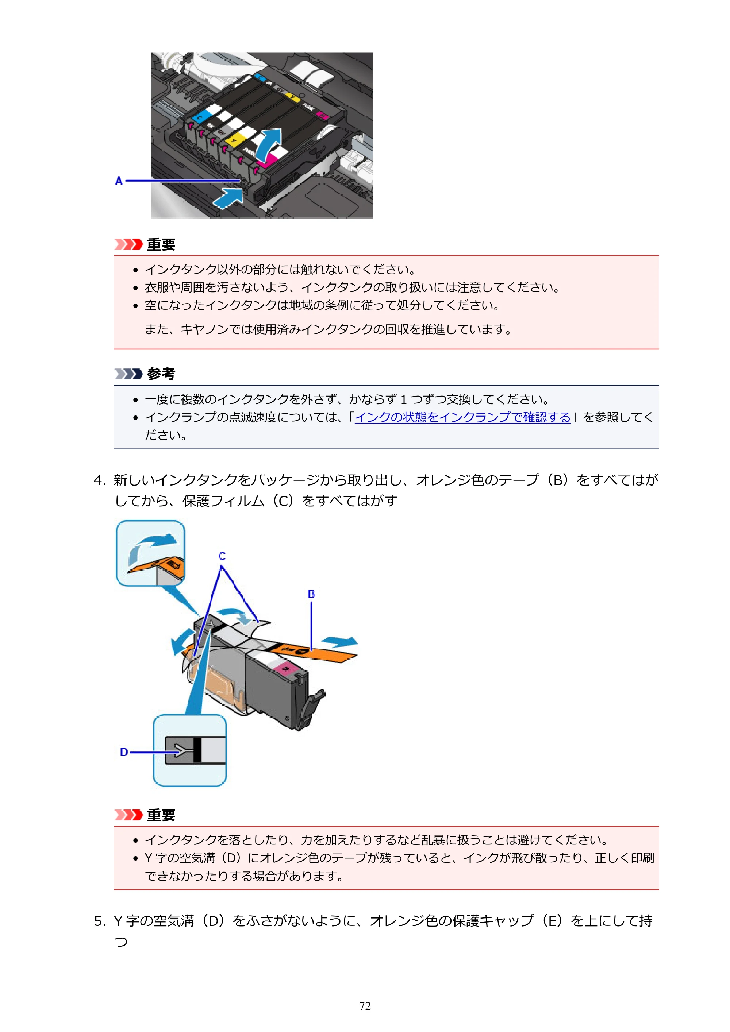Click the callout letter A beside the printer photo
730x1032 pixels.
pos(119,181)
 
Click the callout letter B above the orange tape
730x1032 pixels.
pos(311,594)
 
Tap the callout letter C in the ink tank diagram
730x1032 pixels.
pos(222,556)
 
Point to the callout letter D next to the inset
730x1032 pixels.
pos(124,752)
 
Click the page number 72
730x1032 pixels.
pos(365,1006)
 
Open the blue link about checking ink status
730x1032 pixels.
pos(463,418)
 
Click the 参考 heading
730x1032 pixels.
pos(161,374)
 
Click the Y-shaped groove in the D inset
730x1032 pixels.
pos(179,750)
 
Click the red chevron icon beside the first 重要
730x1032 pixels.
pos(128,244)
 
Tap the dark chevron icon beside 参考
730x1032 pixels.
pos(128,374)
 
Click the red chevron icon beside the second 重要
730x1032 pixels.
pos(128,815)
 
